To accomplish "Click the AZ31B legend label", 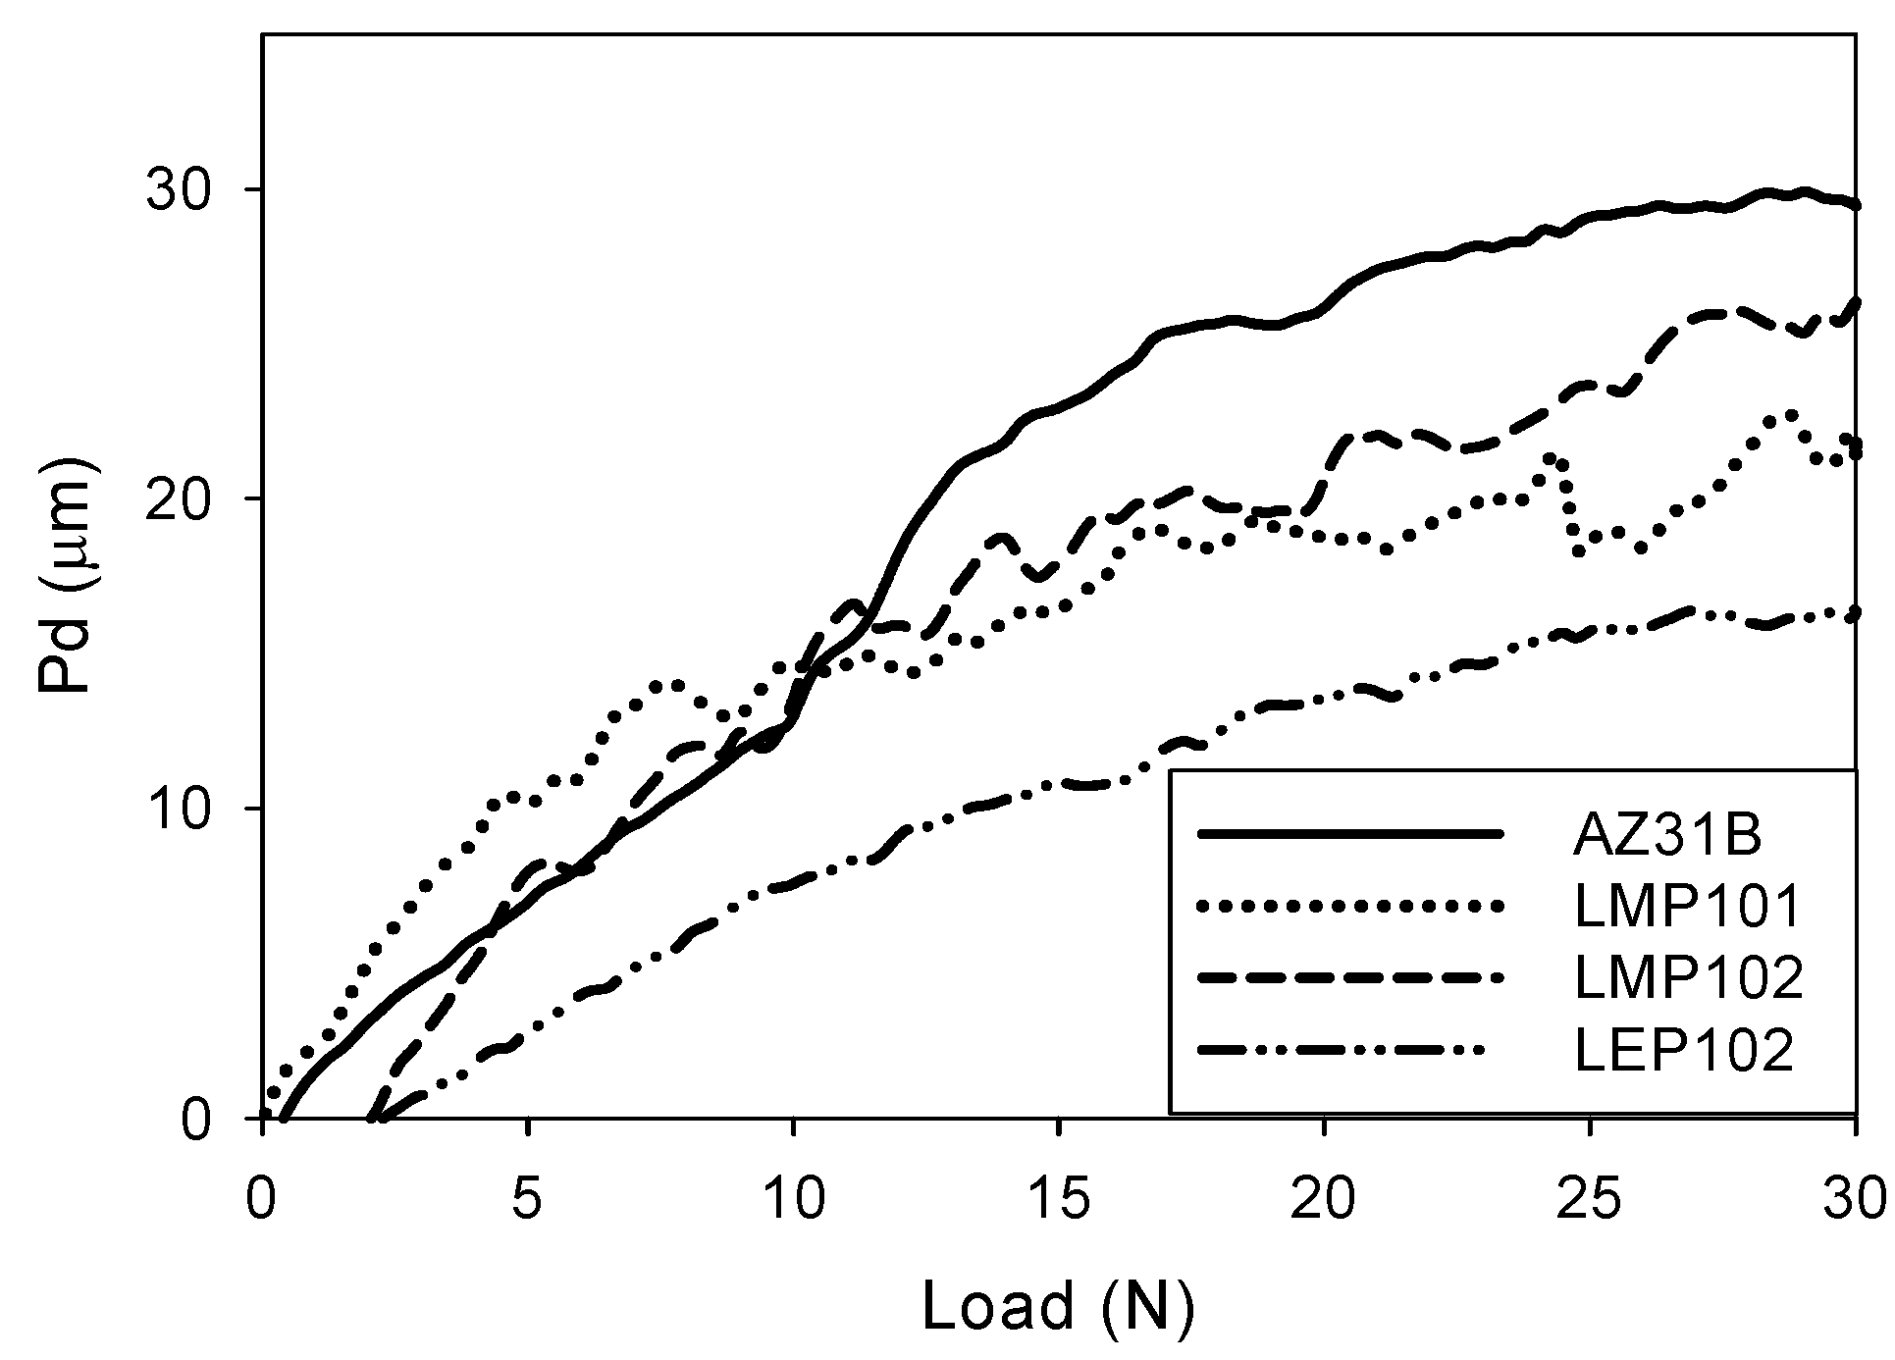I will [x=1667, y=835].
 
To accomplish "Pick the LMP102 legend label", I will [x=1688, y=978].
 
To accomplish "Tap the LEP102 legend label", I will [x=1684, y=1050].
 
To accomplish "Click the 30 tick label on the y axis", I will [x=180, y=189].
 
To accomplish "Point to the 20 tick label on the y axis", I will [x=180, y=498].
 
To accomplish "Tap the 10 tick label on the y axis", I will [x=180, y=809].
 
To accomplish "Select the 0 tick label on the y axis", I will [x=196, y=1119].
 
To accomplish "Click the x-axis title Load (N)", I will [x=1059, y=1306].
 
